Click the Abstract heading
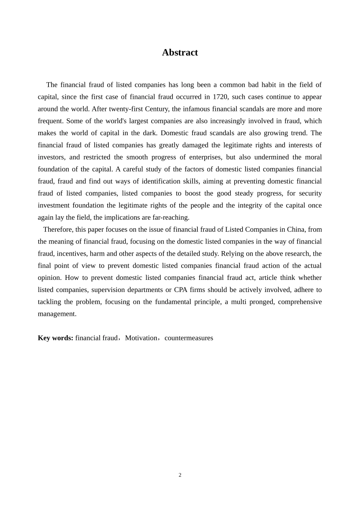click(180, 52)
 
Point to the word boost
click(193, 194)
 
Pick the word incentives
click(71, 254)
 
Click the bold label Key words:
click(55, 338)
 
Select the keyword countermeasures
click(189, 338)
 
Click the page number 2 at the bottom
click(180, 475)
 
